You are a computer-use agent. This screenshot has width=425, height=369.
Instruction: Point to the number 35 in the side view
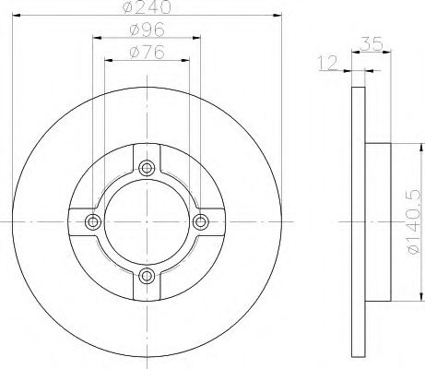click(372, 43)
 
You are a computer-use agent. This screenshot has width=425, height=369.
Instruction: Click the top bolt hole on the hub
click(147, 168)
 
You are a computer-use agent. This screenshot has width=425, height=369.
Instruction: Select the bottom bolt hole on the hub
click(147, 274)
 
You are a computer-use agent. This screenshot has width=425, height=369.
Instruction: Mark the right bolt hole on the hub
click(200, 221)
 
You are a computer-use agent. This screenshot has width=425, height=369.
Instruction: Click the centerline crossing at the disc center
click(147, 221)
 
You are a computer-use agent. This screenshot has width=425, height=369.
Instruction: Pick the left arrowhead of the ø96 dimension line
click(96, 38)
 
